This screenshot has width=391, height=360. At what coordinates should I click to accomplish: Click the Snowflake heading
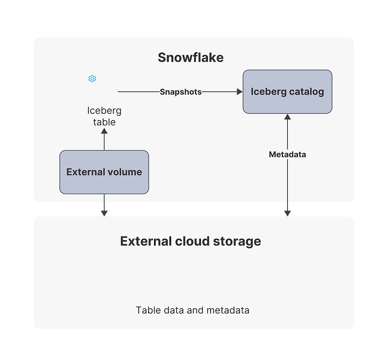191,58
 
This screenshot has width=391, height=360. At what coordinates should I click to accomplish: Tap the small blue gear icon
92,79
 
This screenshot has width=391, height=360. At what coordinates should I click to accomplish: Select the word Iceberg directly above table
104,110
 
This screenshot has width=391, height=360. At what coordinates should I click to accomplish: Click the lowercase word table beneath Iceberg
104,122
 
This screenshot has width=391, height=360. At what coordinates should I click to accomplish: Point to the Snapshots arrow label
181,92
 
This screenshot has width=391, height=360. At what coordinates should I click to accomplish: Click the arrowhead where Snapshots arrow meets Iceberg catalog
240,92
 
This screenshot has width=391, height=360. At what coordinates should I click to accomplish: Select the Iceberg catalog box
287,92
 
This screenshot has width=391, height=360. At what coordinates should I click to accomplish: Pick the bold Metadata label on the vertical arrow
287,154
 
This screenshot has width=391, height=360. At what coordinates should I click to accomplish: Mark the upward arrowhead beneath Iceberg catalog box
287,117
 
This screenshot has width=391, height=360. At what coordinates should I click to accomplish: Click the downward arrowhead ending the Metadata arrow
287,213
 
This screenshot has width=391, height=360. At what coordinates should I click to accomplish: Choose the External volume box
104,172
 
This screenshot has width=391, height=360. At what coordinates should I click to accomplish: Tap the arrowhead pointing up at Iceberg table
104,131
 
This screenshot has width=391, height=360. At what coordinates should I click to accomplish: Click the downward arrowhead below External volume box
104,213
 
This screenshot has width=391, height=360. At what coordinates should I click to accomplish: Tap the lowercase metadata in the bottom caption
228,310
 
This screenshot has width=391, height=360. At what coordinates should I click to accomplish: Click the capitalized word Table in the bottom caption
148,310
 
